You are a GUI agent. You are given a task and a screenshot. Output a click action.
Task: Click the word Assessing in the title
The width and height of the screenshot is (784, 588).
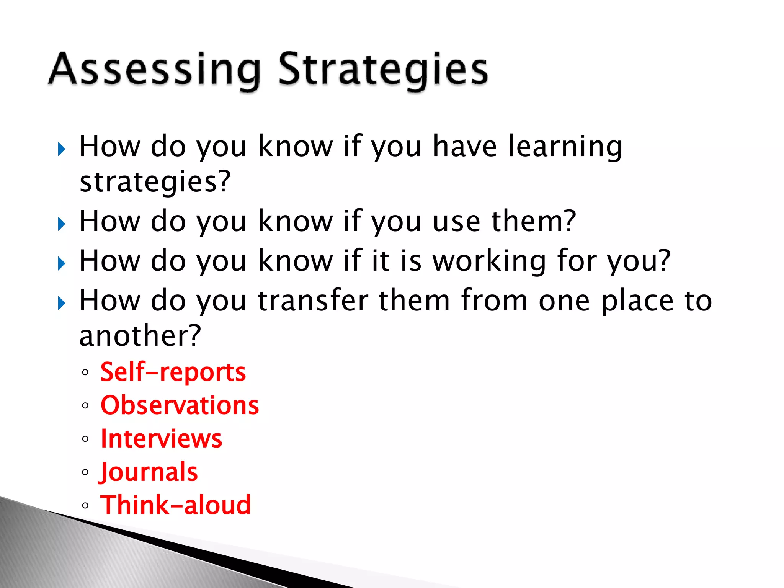[155, 70]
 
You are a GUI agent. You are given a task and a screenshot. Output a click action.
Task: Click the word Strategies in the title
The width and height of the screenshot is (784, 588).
[383, 70]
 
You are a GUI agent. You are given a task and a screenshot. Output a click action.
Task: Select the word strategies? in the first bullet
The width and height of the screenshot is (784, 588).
[155, 181]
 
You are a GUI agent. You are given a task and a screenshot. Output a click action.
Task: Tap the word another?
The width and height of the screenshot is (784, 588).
[140, 336]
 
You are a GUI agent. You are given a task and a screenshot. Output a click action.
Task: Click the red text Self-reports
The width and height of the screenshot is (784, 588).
[173, 372]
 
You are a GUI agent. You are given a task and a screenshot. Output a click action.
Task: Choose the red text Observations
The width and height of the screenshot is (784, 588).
[180, 405]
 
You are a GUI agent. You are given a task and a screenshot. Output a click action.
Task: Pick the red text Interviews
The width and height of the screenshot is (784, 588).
[161, 439]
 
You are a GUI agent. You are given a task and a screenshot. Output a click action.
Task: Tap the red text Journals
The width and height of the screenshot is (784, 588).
[148, 472]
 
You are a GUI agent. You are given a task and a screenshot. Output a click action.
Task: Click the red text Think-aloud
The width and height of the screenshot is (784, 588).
[175, 505]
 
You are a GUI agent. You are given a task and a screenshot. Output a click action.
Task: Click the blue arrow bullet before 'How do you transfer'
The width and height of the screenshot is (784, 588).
[61, 304]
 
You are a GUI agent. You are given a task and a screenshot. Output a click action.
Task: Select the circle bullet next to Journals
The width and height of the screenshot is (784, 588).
[85, 472]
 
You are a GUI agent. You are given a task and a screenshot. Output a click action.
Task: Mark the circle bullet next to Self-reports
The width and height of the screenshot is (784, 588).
[85, 372]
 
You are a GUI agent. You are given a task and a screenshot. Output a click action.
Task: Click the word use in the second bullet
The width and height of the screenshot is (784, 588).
[456, 222]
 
